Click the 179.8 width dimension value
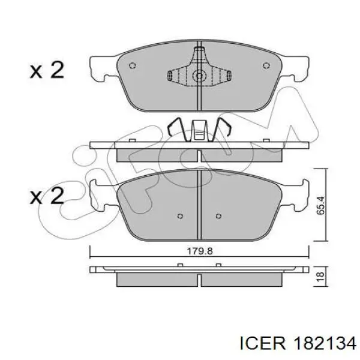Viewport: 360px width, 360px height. pyautogui.click(x=200, y=251)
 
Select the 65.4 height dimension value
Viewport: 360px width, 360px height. pyautogui.click(x=320, y=205)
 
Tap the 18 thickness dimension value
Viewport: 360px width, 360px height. pyautogui.click(x=320, y=276)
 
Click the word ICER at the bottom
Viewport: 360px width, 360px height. pyautogui.click(x=263, y=344)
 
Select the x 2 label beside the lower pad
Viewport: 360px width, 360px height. pyautogui.click(x=47, y=196)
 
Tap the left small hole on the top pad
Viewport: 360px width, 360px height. pyautogui.click(x=133, y=65)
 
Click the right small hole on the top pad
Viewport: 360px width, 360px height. pyautogui.click(x=266, y=65)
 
